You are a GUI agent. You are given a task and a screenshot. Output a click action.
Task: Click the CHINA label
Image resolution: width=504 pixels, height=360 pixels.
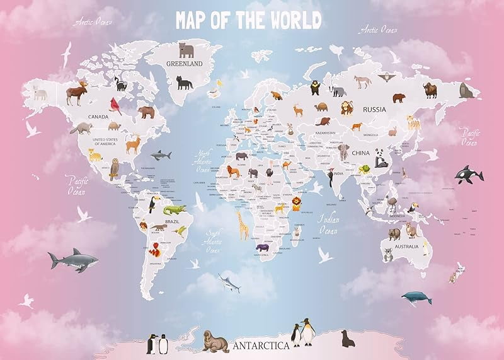360,153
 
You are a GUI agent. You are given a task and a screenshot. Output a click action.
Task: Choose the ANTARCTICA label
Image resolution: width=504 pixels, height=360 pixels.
261,345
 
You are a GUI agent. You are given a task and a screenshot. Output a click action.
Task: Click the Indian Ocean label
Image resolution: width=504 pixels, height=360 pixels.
328,225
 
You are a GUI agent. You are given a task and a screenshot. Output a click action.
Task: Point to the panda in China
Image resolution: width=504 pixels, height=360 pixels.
381,157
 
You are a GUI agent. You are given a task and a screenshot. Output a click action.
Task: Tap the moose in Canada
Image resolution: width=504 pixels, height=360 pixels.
78,92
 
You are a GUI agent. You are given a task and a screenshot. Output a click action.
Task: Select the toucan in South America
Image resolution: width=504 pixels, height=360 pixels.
152,205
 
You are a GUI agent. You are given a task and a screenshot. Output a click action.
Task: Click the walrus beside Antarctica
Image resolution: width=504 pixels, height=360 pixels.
215,340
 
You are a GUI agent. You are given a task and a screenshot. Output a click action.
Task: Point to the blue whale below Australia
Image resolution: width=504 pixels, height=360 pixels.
416,297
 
